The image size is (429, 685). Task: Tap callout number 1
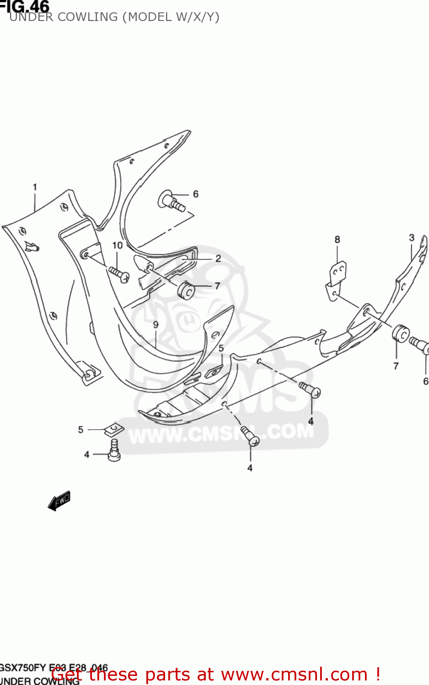tap(35, 187)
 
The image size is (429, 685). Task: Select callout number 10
tap(118, 245)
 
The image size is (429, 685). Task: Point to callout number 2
tap(218, 258)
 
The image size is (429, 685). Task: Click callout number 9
tap(156, 325)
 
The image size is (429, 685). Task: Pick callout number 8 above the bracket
tap(338, 239)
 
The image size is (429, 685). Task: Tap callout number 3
tap(412, 237)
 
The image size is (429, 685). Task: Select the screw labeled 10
tap(120, 274)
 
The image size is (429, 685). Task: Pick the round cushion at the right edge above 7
tap(400, 333)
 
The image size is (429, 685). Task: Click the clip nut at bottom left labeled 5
tap(114, 429)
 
